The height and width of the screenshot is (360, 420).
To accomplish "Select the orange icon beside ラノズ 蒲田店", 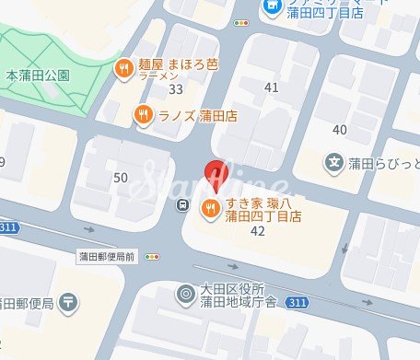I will click(142, 115).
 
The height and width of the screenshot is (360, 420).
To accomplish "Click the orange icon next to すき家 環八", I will click(210, 207).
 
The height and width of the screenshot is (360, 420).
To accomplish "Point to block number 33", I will click(176, 89).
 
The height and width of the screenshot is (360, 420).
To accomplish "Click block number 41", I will click(271, 87).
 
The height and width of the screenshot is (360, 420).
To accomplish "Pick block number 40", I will click(340, 129).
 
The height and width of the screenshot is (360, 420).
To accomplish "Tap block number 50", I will click(121, 177).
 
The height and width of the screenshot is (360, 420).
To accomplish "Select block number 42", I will click(258, 232).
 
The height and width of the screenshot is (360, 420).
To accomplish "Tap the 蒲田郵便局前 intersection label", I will click(106, 257).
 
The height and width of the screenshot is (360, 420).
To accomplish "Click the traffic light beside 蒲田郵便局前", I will click(153, 257).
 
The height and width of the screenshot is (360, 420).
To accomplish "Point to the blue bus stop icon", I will click(183, 204).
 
